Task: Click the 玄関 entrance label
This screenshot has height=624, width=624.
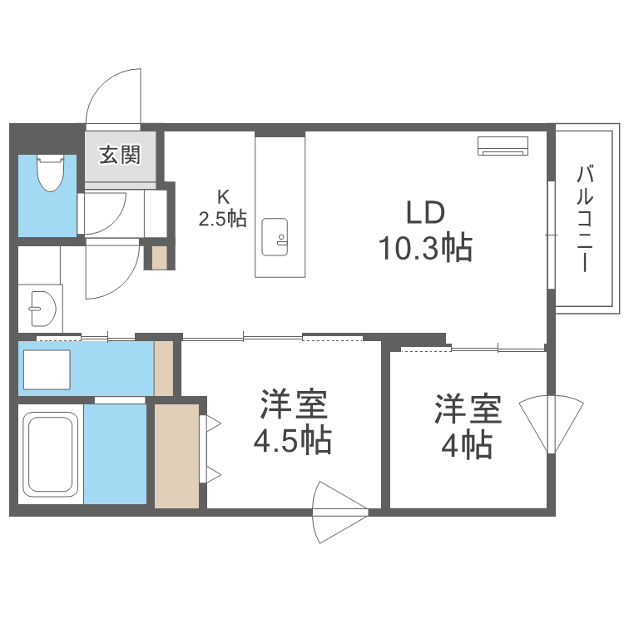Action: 121,155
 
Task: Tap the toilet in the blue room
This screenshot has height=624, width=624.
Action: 52,172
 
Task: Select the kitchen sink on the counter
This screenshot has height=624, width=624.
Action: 275,237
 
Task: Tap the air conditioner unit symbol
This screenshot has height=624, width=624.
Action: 503,146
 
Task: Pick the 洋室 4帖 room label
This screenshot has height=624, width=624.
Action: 467,428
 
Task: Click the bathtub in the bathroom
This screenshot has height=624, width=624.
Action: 51,454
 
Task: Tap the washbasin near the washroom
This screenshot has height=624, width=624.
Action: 39,309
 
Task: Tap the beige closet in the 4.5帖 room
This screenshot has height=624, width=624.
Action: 177,455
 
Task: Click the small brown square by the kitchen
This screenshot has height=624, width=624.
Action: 159,258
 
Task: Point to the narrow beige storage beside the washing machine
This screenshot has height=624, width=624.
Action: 164,367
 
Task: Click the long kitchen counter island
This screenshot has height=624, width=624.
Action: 280,208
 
